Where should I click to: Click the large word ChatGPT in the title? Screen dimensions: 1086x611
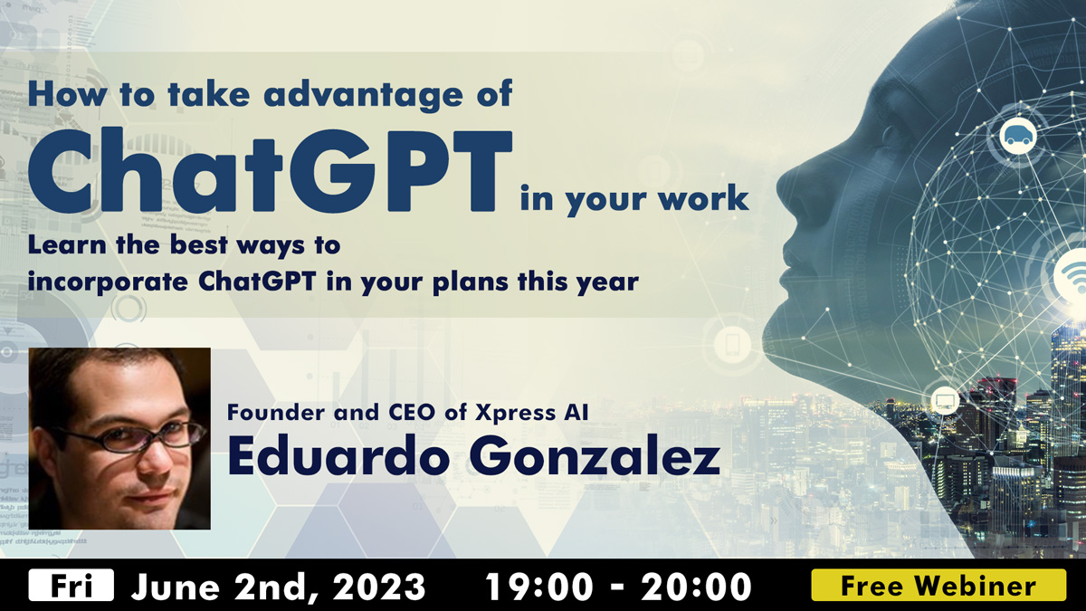coord(270,171)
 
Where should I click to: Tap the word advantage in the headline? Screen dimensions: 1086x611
coord(363,94)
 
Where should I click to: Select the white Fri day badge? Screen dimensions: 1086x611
coord(71,585)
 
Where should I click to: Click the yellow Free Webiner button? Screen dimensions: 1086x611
coord(938,586)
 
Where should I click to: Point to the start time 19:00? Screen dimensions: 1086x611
coord(539,587)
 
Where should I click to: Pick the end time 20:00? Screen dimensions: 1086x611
coord(697,587)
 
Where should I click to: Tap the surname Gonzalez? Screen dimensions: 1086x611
coord(594,455)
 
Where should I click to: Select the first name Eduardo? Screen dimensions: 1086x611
coord(338,454)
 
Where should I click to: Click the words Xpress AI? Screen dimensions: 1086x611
coord(531,413)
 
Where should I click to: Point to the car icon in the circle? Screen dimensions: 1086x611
coord(1018,137)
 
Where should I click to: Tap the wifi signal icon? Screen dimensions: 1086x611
coord(1073,278)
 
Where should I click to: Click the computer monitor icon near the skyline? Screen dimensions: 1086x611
coord(945,401)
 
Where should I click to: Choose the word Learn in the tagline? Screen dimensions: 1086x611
coord(67,245)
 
